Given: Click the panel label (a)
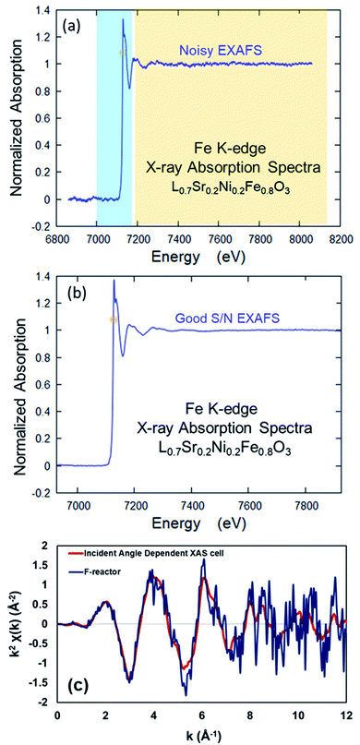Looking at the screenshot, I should tap(71, 24).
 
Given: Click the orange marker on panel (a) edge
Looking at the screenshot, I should tap(121, 53).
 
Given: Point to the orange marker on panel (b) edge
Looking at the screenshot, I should tap(114, 319).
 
